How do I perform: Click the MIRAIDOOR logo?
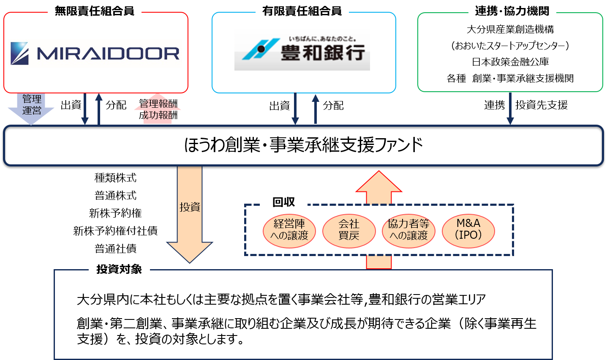point(95,53)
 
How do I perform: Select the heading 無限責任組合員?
point(95,11)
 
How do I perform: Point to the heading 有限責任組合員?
point(302,11)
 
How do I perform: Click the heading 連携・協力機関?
point(512,11)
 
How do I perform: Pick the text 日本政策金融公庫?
point(510,62)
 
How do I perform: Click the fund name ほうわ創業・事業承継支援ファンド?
point(303,145)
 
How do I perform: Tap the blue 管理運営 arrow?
point(31,109)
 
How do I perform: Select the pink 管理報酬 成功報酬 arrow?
point(158,109)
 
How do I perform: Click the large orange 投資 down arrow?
point(190,214)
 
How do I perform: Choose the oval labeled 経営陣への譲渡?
point(289,231)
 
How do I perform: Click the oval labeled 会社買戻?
point(349,231)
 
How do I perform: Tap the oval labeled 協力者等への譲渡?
point(408,231)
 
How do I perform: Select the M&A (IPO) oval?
point(468,231)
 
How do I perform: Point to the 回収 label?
point(283,202)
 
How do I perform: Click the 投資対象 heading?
point(119,269)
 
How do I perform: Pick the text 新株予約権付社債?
point(115,231)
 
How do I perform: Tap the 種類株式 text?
point(115,178)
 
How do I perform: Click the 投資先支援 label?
point(542,105)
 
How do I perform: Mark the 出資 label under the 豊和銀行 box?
point(279,106)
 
